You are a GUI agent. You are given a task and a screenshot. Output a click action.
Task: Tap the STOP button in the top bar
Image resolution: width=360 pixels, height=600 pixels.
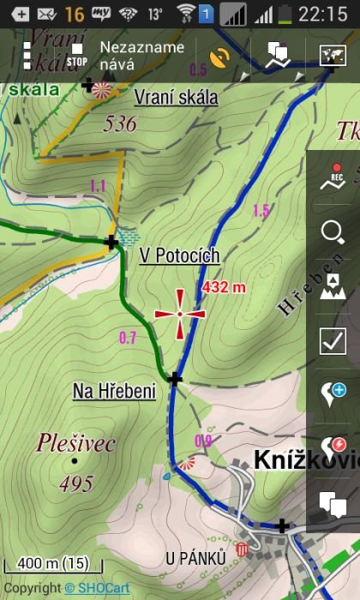point(77,56)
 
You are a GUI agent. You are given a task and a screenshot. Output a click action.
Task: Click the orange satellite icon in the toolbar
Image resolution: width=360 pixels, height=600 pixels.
point(220,57)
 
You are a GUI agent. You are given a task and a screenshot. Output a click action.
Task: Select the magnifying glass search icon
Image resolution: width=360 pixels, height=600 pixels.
point(332,231)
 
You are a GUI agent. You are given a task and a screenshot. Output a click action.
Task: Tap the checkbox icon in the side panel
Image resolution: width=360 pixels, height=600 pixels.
point(332,340)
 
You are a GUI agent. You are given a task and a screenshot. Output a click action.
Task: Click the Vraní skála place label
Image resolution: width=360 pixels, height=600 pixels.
point(176,97)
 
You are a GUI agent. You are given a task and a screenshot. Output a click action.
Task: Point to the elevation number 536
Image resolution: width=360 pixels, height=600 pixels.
point(119,124)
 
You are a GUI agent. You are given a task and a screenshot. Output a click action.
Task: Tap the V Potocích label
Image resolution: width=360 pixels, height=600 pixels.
point(179,255)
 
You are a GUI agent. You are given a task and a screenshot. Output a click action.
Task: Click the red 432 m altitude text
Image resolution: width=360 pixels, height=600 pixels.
point(224,287)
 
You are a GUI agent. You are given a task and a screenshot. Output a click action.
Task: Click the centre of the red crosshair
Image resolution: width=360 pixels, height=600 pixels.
point(180,314)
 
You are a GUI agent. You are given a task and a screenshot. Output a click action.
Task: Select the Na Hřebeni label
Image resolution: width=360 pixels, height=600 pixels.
point(114,392)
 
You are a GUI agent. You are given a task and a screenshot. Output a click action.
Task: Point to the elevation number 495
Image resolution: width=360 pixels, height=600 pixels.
point(76,484)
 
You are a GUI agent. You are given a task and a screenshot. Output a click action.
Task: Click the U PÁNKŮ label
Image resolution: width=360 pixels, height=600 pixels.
point(195,559)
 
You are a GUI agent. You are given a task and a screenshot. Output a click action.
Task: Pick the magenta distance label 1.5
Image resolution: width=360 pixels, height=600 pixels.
point(261,210)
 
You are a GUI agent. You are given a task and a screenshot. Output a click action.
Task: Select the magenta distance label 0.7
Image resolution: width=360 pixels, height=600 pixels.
point(128,338)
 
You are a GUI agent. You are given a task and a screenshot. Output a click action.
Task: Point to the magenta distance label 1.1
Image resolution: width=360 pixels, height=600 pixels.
point(97,185)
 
